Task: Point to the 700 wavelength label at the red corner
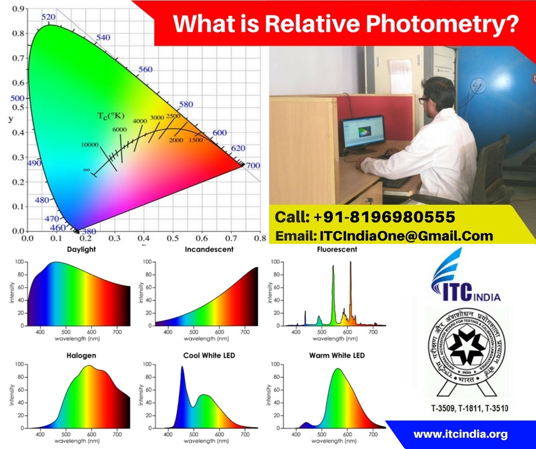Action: [253, 166]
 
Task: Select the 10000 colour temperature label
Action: [90, 145]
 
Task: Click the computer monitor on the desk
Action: [363, 133]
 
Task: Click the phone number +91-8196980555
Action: [365, 217]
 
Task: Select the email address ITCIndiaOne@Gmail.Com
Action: [384, 236]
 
